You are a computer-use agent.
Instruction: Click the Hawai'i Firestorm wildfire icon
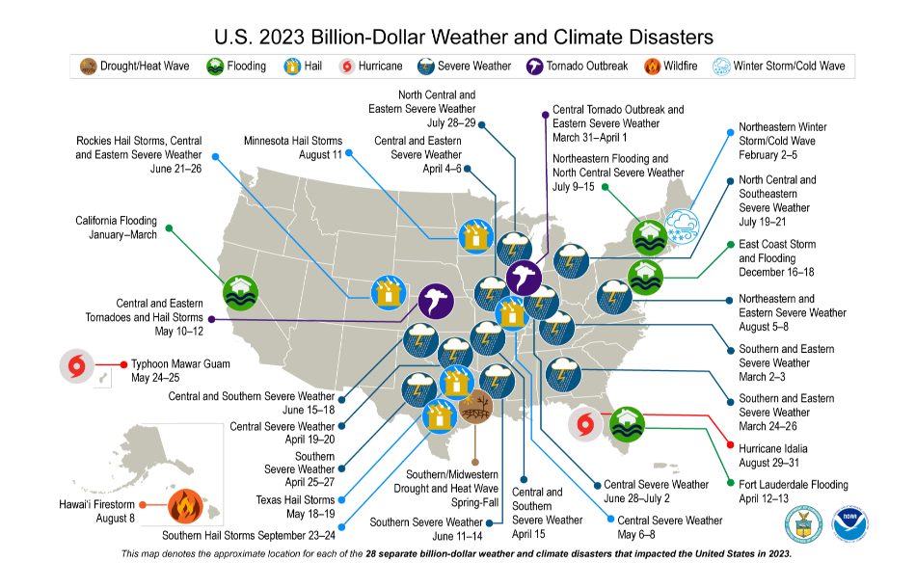pyautogui.click(x=184, y=504)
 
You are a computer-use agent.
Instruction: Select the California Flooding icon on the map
pyautogui.click(x=239, y=292)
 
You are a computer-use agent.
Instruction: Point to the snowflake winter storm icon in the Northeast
pyautogui.click(x=684, y=227)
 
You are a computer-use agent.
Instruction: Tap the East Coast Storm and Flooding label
pyautogui.click(x=776, y=258)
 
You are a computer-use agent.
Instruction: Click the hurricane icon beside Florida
pyautogui.click(x=585, y=425)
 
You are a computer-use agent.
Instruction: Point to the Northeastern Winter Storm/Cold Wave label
pyautogui.click(x=782, y=140)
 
